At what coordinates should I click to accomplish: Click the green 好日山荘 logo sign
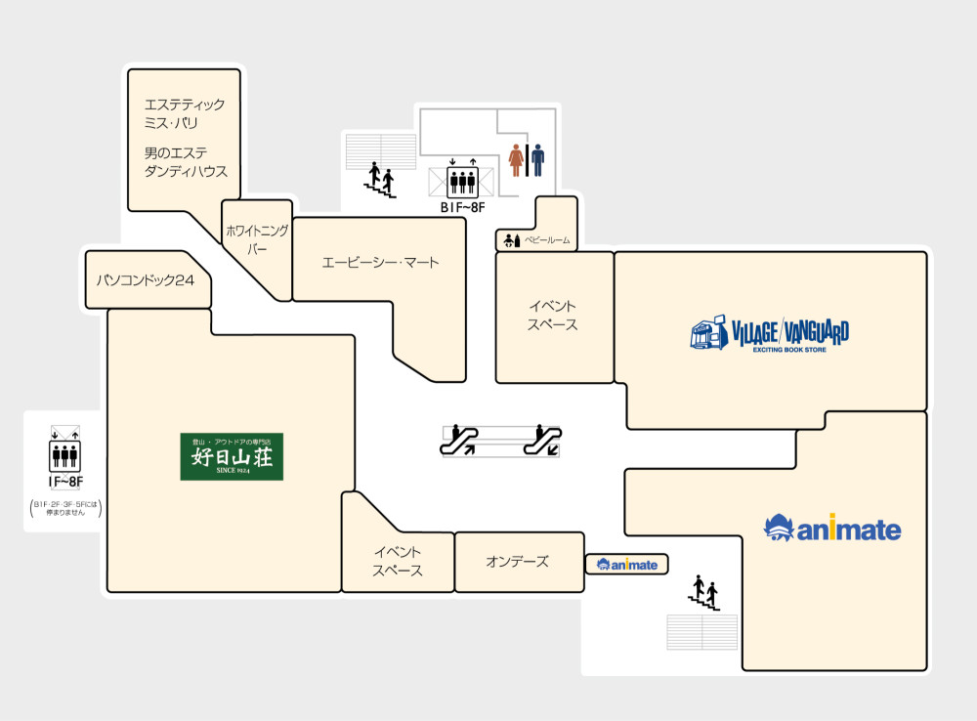tap(232, 456)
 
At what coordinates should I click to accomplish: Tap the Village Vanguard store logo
tap(769, 334)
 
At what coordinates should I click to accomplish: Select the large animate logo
tap(832, 530)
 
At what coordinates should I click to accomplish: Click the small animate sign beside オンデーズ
tap(627, 565)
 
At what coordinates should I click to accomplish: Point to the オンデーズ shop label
tap(517, 562)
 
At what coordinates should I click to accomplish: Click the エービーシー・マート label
tap(381, 262)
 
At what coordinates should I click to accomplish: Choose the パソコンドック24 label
tap(146, 280)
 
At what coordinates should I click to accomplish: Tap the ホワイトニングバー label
tap(257, 240)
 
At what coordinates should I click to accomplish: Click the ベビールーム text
tap(546, 240)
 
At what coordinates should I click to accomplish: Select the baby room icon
tap(511, 239)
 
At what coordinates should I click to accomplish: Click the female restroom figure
tap(516, 160)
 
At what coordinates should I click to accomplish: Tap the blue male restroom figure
tap(537, 160)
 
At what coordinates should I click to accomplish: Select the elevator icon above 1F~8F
tap(64, 452)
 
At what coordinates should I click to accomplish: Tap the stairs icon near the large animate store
tap(704, 593)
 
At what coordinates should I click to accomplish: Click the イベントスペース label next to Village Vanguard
tap(553, 316)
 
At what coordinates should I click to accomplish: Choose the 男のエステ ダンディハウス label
tap(186, 162)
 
